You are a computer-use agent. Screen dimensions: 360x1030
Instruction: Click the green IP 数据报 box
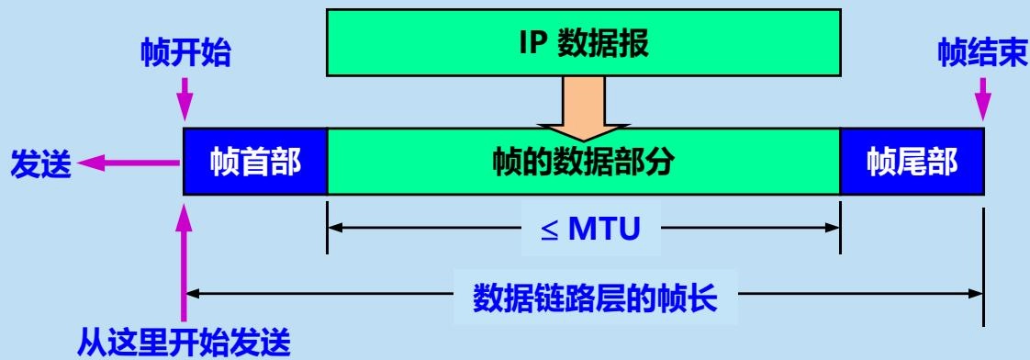(x=583, y=41)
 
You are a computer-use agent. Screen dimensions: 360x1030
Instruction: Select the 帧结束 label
(x=981, y=54)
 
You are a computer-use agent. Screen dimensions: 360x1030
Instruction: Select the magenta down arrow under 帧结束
(x=985, y=101)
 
